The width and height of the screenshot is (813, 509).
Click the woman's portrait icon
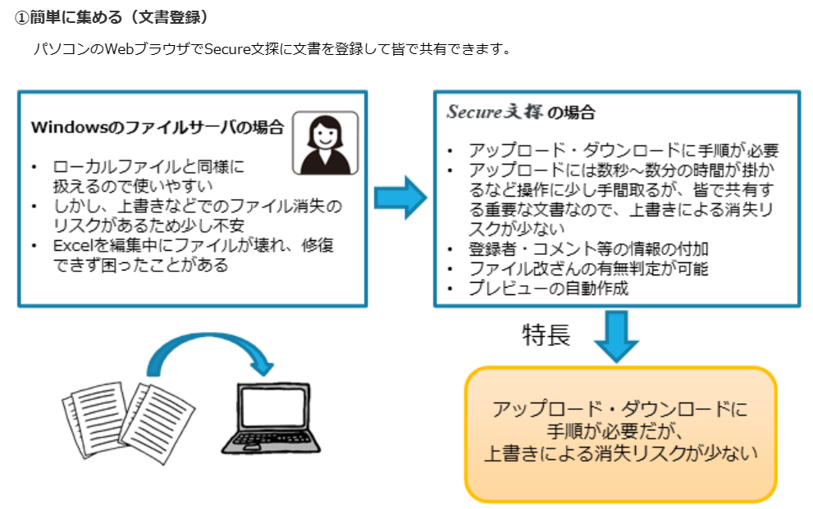pos(325,143)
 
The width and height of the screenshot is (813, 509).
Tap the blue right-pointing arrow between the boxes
pos(400,198)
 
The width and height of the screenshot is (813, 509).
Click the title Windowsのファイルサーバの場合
pos(158,128)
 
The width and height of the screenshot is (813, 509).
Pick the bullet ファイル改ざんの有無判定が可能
pos(587,269)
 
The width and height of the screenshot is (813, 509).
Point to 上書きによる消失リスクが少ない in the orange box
pos(619,452)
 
